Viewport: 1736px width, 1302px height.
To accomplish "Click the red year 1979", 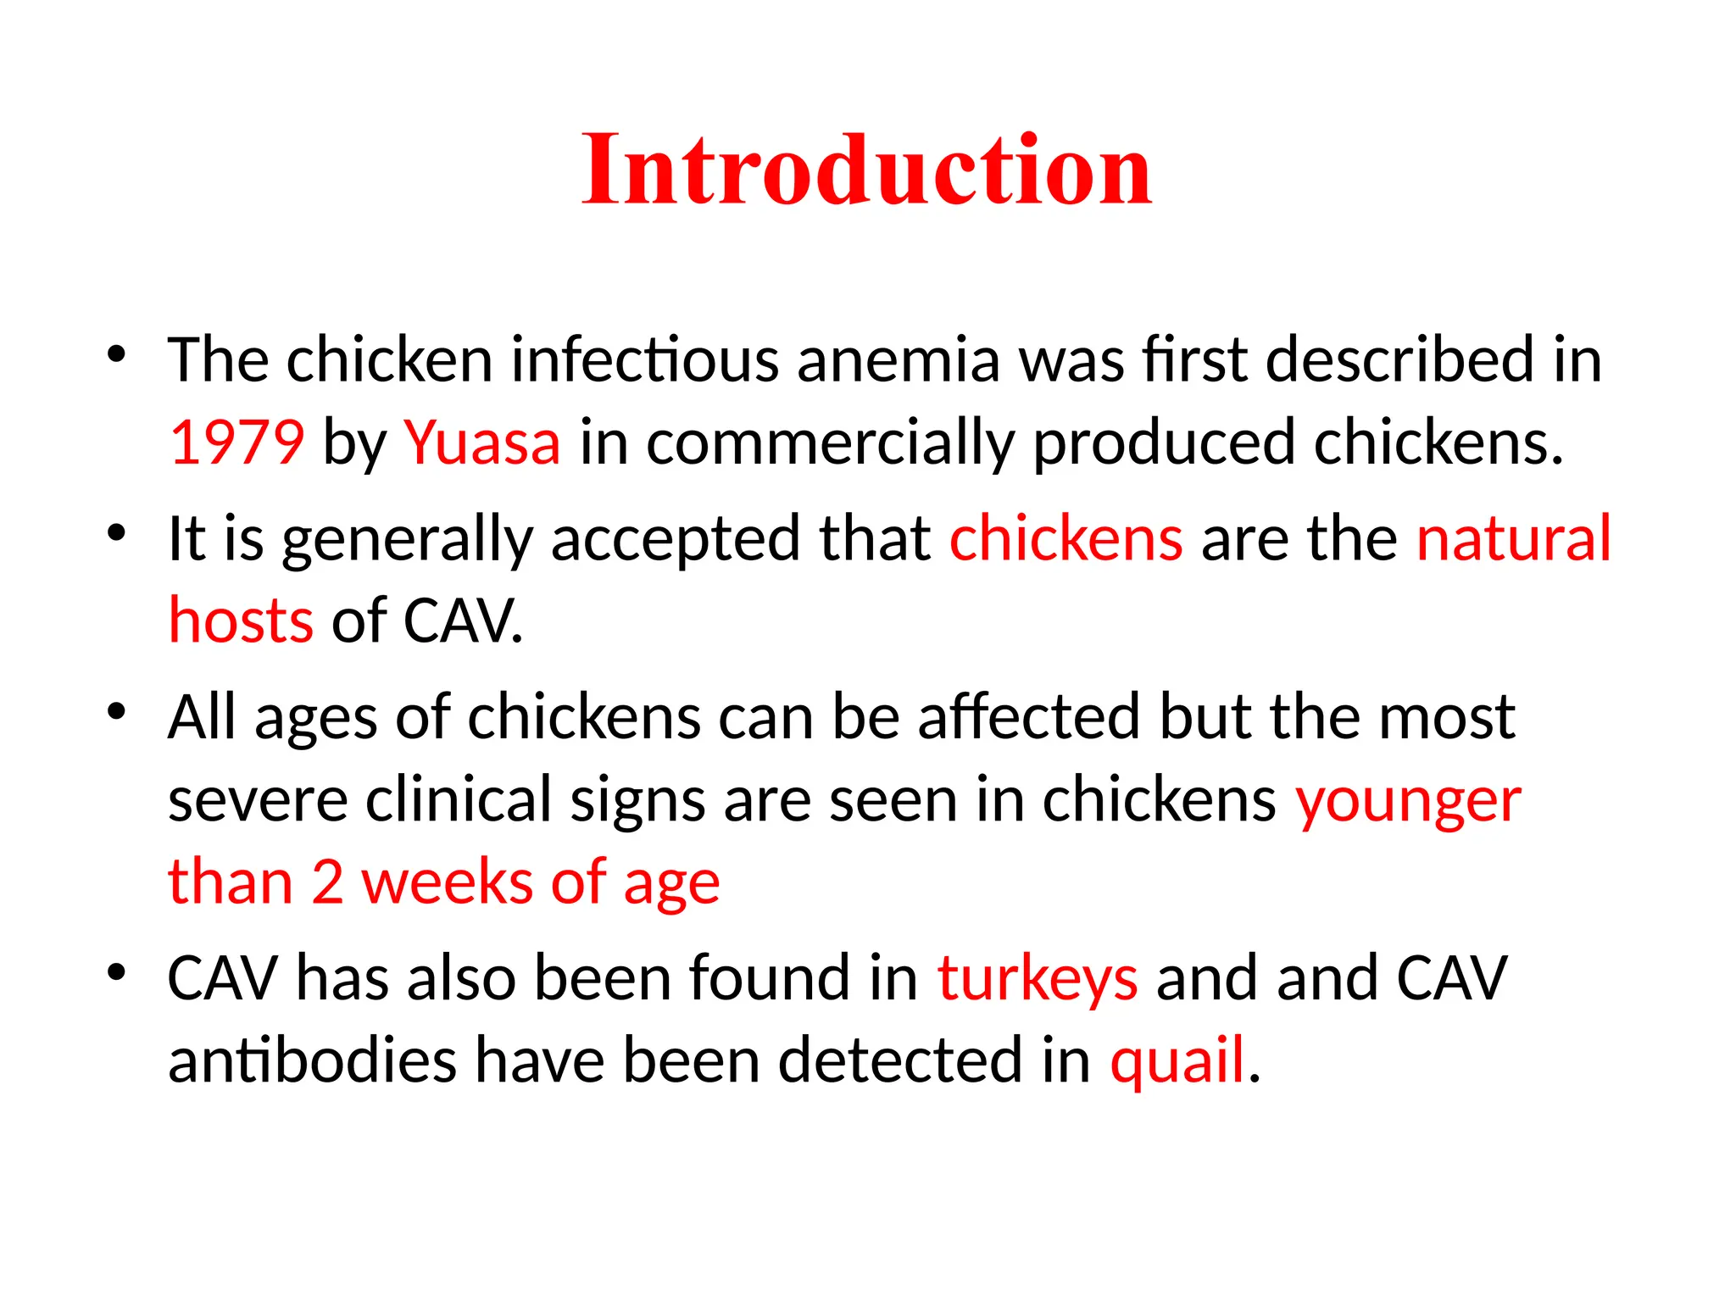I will (236, 442).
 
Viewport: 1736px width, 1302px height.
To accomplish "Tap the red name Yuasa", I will (481, 442).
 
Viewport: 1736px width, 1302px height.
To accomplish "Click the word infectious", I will (644, 360).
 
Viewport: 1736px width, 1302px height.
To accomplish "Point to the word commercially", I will (830, 444).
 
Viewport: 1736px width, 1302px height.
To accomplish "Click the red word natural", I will (1513, 538).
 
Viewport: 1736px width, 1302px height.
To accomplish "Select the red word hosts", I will (241, 620).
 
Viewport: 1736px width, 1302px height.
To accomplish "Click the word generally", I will (407, 540).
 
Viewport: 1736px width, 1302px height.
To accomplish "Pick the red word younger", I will (1408, 802).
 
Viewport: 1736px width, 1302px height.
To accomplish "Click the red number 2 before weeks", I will (327, 882).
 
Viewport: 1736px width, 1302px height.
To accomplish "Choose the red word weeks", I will (447, 882).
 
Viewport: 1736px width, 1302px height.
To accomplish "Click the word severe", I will (258, 800).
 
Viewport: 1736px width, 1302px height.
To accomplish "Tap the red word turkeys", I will (1037, 979).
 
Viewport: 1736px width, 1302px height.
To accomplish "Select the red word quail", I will (1177, 1061).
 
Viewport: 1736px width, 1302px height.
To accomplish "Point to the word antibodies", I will (312, 1061).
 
